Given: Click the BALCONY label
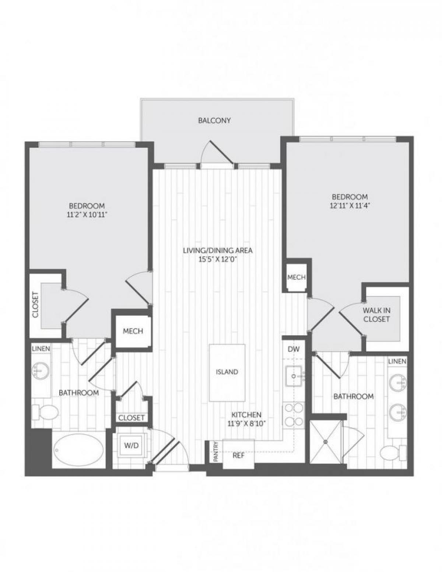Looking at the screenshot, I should coord(214,120).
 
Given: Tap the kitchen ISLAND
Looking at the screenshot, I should coord(227,372).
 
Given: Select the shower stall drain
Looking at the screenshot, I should coord(326,441).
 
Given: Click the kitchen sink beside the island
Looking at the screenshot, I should coord(294,376).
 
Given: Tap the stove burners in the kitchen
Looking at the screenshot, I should coord(294,415).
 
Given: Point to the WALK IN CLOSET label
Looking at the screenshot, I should coord(376,315).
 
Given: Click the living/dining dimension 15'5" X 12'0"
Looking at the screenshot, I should coord(218,259).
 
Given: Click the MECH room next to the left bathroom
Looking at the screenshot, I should coord(133,331).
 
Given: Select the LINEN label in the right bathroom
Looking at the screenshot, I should coord(397,361).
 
